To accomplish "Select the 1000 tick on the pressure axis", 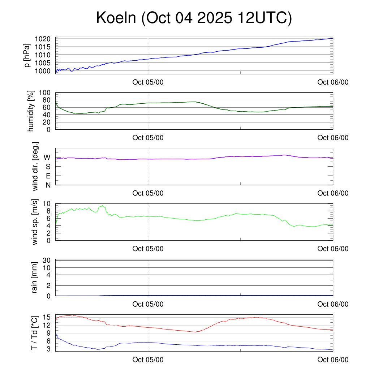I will point(45,71).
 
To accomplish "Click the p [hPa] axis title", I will point(27,55).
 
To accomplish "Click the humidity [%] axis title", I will point(32,111).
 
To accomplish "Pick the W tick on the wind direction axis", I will point(47,158).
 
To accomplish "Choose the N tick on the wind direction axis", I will point(48,185).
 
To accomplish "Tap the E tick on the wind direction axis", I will point(48,176).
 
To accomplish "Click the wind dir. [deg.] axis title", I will point(35,166).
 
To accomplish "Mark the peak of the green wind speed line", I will point(103,206).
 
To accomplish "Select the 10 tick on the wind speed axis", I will point(46,204).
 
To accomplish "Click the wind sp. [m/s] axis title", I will point(35,222).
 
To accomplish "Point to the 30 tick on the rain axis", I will point(46,260).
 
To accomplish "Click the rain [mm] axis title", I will point(35,277).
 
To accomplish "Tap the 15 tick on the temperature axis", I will point(46,317).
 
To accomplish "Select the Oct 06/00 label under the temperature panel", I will point(333,360).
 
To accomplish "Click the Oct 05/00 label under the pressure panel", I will point(148,82).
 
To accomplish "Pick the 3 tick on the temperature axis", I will point(48,349).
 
